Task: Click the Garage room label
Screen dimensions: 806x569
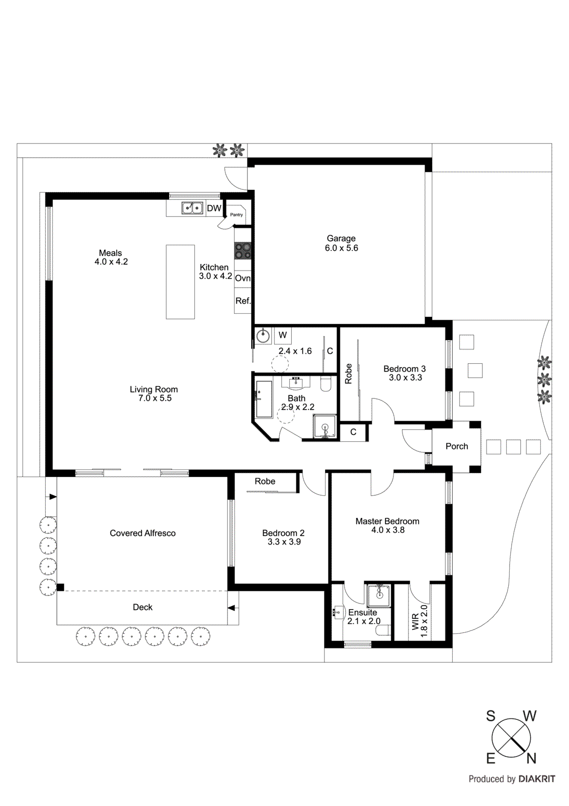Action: [341, 238]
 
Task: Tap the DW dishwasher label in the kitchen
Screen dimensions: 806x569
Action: [214, 208]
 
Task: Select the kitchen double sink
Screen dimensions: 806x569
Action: [192, 208]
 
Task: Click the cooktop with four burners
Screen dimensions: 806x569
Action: [242, 250]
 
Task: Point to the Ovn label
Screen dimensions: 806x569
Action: [242, 278]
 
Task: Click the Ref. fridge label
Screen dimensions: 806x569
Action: [242, 301]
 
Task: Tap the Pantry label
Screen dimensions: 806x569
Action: [236, 215]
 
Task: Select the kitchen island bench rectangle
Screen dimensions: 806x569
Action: [180, 282]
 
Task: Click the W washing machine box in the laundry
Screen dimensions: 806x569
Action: [283, 335]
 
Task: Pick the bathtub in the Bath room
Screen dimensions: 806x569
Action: [264, 398]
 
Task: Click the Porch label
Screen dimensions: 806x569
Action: [456, 446]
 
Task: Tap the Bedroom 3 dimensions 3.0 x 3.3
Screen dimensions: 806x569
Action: [405, 378]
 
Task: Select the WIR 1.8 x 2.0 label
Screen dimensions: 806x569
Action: [419, 621]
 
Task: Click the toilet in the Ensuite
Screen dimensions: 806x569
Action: [383, 630]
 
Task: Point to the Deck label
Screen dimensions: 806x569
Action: [142, 608]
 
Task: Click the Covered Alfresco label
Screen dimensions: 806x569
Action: [142, 533]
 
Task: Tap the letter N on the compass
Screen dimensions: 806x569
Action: [531, 758]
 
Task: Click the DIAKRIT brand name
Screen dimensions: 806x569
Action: [537, 779]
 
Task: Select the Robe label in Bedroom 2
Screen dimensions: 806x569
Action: [265, 482]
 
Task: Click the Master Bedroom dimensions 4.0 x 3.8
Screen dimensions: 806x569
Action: [387, 530]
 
